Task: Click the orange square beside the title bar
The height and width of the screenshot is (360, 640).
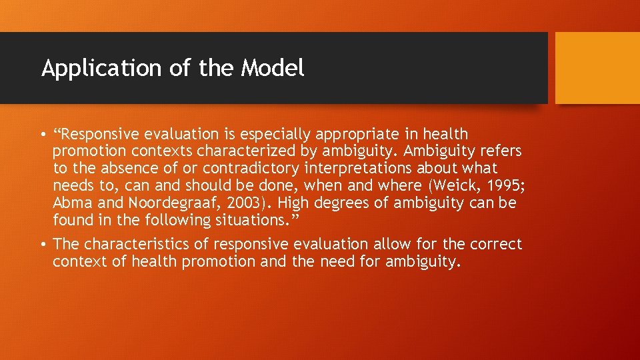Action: click(597, 68)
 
